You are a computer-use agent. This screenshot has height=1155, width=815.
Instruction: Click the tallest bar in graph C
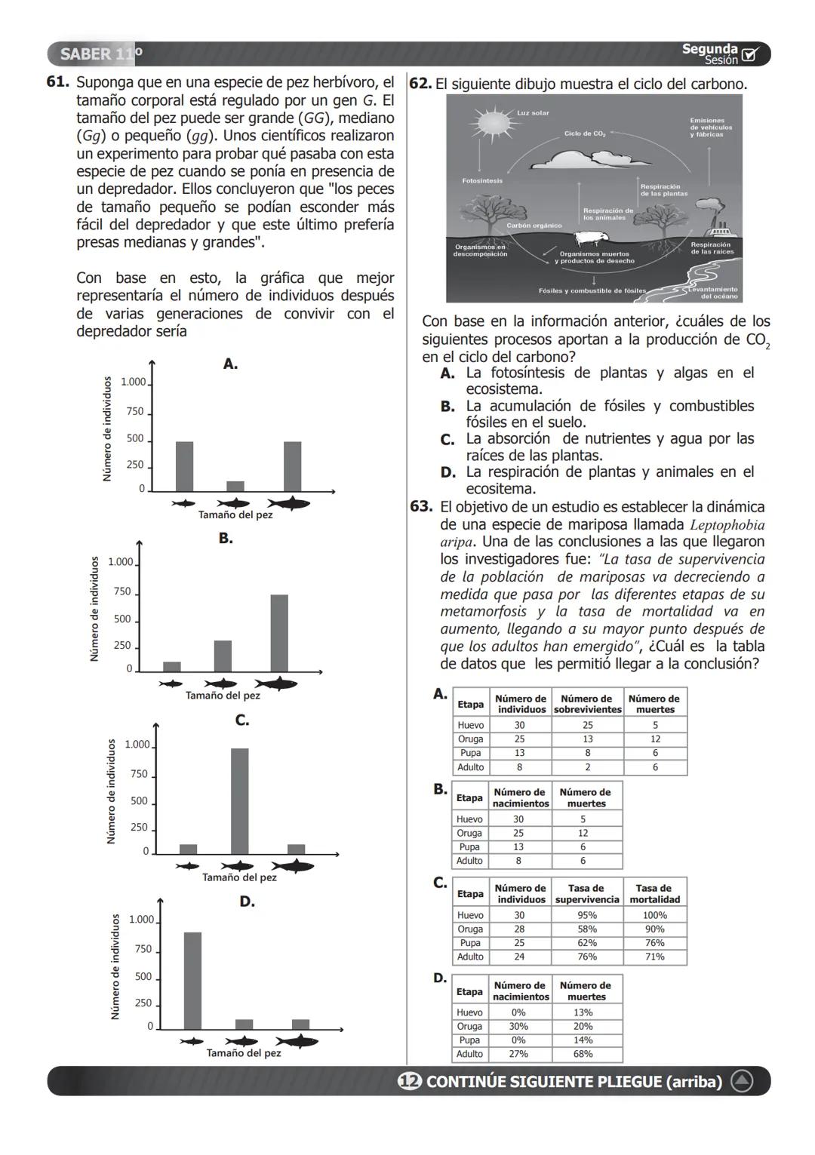(x=239, y=800)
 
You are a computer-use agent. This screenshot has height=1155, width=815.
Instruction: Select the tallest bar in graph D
(x=192, y=981)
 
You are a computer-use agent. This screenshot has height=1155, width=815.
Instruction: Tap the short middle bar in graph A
(x=235, y=486)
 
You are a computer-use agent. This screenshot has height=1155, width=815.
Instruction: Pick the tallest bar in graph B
(x=279, y=633)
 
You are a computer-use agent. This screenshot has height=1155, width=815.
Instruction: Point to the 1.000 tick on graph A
(x=134, y=382)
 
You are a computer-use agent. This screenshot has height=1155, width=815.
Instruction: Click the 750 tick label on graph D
(x=143, y=949)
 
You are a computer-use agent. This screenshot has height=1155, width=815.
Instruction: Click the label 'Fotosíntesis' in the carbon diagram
(x=482, y=181)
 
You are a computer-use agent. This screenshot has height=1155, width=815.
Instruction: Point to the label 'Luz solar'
(x=533, y=113)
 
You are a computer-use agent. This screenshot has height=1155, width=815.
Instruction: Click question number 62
(x=420, y=84)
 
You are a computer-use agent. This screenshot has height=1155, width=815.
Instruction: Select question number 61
(x=58, y=82)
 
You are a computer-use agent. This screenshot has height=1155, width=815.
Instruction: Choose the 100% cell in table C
(x=654, y=915)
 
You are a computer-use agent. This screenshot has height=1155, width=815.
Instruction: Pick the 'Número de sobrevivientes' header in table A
(x=587, y=704)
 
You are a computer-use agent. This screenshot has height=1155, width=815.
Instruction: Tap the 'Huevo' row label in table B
(x=469, y=819)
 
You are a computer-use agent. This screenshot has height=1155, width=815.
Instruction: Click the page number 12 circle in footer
(x=409, y=1082)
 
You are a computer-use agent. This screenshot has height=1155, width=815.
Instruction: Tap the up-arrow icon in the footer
(x=742, y=1082)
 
